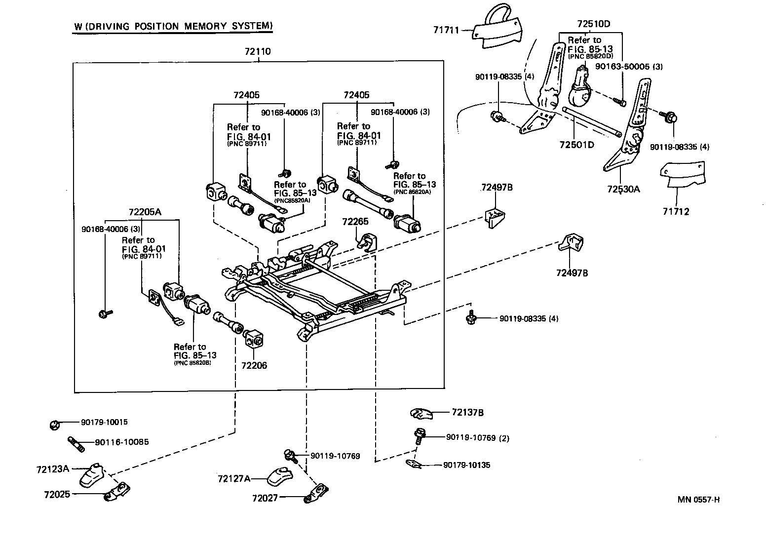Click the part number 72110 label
coord(258,51)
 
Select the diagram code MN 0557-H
coord(698,500)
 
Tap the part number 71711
coord(446,30)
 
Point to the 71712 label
coord(676,212)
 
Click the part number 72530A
coord(623,189)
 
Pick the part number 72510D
coord(594,24)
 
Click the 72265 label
coord(355,222)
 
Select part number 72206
coord(254,366)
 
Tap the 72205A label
coord(145,212)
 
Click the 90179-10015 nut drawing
coord(55,424)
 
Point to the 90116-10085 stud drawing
coord(76,443)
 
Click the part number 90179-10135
coord(466,465)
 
